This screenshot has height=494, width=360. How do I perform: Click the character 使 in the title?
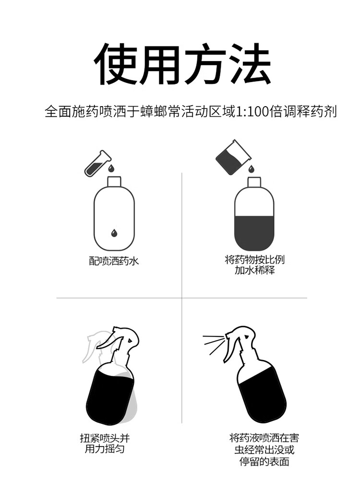[115, 64]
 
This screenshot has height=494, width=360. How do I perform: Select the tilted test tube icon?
[97, 163]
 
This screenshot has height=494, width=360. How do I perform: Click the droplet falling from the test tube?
[111, 168]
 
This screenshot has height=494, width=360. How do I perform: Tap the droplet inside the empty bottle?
[114, 232]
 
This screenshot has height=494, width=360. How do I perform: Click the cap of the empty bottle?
[114, 181]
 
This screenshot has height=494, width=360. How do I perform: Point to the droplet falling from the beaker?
[251, 169]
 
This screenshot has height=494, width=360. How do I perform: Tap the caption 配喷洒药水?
[114, 261]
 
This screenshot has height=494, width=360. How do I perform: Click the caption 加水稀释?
[254, 270]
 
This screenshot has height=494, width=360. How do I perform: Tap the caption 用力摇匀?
[105, 448]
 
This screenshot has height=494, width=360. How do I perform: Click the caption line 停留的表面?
[264, 462]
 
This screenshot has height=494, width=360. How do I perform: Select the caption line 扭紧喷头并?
[105, 438]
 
